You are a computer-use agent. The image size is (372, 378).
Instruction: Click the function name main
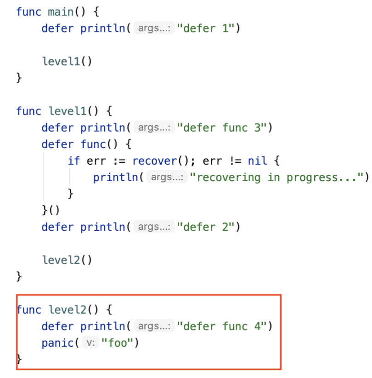(x=60, y=11)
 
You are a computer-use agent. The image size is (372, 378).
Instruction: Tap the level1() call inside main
(x=67, y=61)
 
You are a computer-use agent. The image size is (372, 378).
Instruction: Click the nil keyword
(x=257, y=161)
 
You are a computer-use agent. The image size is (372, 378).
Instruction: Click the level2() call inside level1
(x=67, y=260)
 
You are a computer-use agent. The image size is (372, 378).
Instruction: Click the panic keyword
(x=57, y=343)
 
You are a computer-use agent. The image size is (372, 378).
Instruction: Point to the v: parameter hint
(x=90, y=343)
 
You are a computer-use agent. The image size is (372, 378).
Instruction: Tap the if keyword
(x=73, y=161)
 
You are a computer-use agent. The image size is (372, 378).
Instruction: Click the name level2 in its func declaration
(x=67, y=310)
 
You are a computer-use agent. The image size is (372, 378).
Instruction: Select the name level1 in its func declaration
(x=67, y=111)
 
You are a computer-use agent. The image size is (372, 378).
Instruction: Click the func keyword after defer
(x=93, y=144)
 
